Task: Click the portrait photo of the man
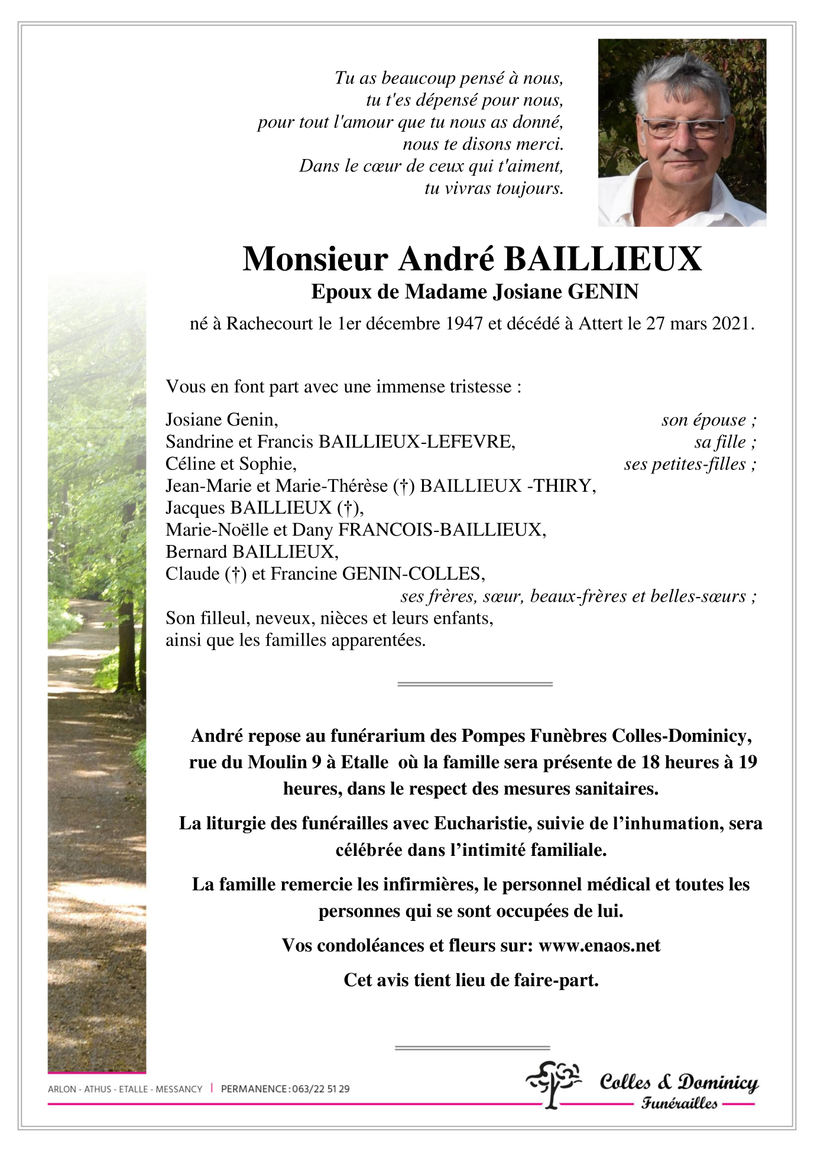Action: click(x=682, y=132)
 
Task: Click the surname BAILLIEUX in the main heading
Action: click(x=603, y=259)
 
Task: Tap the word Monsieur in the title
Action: click(x=315, y=259)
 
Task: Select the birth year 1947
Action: click(x=464, y=324)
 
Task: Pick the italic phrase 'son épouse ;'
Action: click(x=708, y=420)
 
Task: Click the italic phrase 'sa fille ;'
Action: click(x=725, y=442)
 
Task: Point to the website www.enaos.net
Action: click(x=599, y=946)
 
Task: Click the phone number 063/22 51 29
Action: click(x=320, y=1089)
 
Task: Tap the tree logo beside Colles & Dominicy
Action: click(x=553, y=1083)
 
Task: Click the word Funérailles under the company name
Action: click(x=679, y=1104)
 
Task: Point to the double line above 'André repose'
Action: click(x=475, y=684)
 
